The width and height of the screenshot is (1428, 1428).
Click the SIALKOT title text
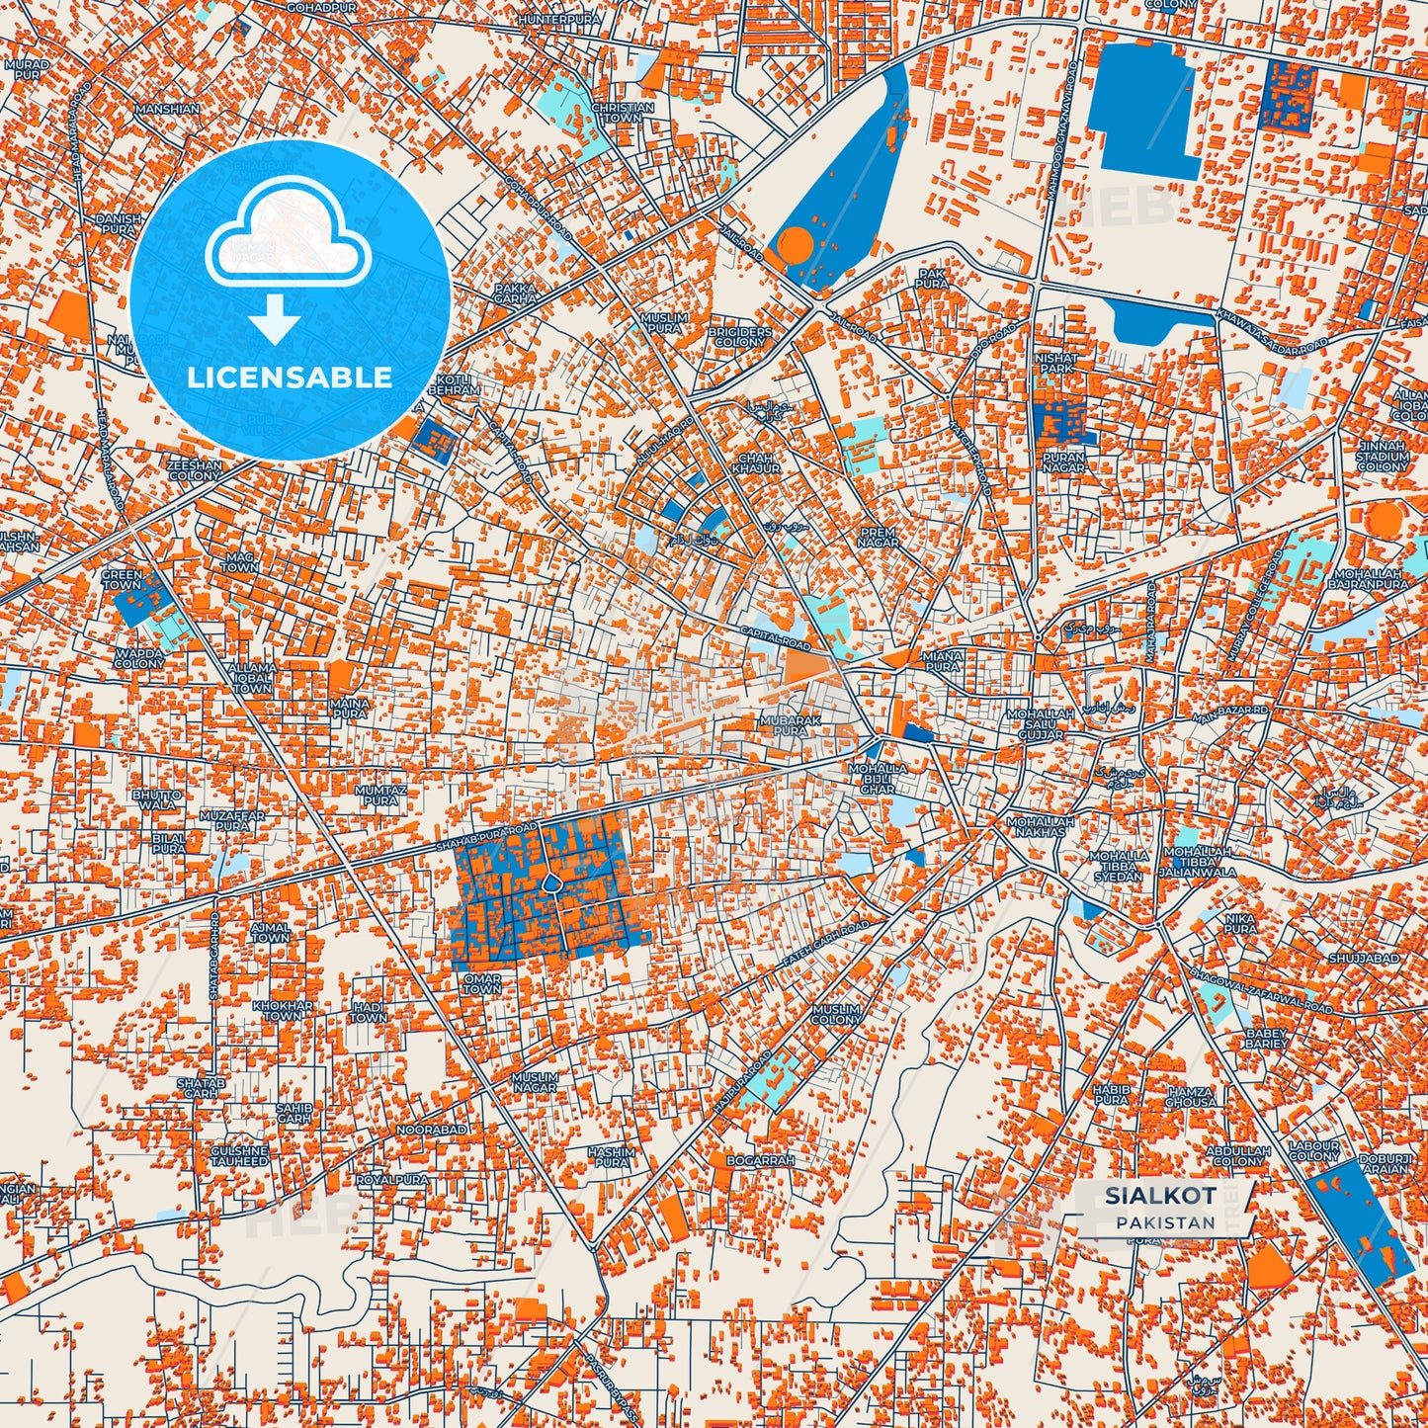[x=1159, y=1196]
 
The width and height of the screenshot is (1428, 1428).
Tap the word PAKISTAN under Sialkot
[x=1166, y=1222]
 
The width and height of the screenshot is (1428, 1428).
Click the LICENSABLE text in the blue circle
[x=291, y=378]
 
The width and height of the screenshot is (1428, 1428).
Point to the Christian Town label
[x=622, y=113]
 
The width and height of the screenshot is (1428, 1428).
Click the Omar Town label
[x=482, y=983]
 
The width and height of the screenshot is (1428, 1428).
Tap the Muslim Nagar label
[x=535, y=1082]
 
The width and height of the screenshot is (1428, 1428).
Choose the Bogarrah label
[x=760, y=1160]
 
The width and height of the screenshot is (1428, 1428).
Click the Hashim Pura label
[x=611, y=1157]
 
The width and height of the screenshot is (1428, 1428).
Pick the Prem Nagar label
[x=879, y=537]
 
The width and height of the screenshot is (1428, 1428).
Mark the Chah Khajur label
[x=758, y=462]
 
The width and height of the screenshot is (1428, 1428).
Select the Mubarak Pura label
[x=790, y=726]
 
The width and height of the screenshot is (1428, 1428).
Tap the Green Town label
[x=122, y=579]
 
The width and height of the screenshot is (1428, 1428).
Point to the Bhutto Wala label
[x=157, y=799]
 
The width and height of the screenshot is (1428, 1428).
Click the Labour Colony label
[x=1314, y=1151]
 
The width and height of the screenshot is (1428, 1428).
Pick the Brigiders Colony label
[x=739, y=337]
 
